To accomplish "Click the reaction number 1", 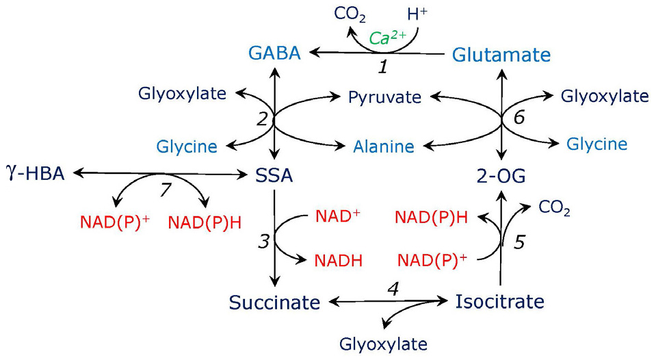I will tap(384, 68).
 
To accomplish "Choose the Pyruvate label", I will tap(384, 97).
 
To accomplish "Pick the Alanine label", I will tap(384, 146).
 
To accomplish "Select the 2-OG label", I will tap(501, 177).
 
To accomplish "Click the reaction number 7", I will tap(164, 190).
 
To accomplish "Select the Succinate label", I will tap(274, 302).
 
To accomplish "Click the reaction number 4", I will tap(392, 288).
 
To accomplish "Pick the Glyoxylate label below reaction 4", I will tap(383, 344).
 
